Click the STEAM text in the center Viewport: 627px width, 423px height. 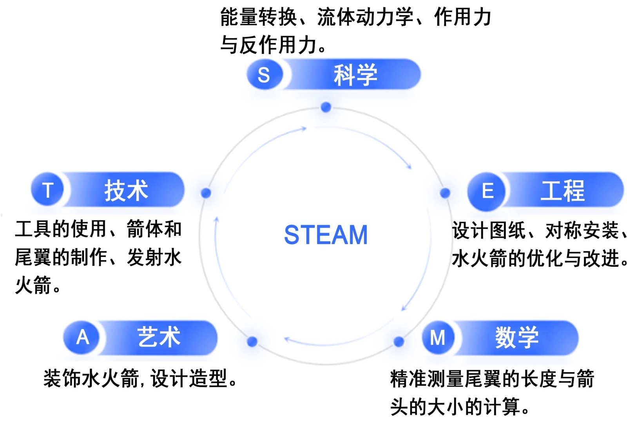[326, 235]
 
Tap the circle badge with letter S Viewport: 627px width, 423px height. [264, 74]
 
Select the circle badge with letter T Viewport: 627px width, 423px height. [48, 190]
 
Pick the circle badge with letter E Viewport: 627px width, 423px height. [487, 191]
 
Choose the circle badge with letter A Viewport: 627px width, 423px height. [82, 337]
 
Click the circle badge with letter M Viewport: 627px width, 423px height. [438, 337]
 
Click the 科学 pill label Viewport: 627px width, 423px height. [355, 74]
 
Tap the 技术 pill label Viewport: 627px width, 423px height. [126, 190]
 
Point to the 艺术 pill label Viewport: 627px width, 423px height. [159, 337]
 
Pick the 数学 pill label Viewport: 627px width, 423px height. [517, 337]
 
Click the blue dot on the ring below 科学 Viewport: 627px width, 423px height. [326, 107]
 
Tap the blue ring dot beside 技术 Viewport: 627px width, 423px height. [206, 193]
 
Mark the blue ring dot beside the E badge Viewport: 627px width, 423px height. [445, 193]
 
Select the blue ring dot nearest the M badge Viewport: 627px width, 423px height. [399, 342]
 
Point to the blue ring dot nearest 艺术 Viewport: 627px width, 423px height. [252, 342]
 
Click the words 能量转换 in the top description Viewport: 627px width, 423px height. [258, 18]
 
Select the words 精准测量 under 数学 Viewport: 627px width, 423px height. [427, 379]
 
